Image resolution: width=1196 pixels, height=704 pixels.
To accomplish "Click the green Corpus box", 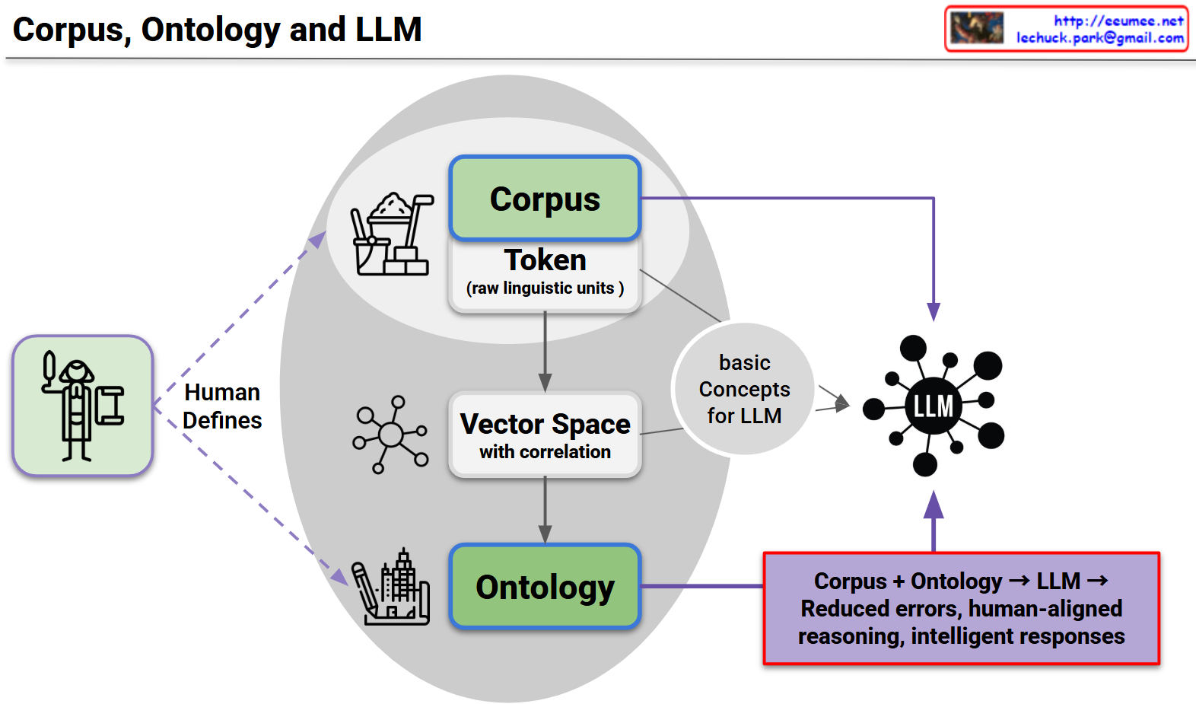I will pos(545,199).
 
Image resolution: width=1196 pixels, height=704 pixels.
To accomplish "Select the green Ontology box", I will pos(545,587).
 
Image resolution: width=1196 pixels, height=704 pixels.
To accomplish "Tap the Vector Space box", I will pos(545,435).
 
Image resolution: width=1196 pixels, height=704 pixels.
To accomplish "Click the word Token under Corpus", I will pos(545,260).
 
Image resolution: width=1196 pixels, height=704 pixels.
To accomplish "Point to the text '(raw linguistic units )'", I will pos(545,288).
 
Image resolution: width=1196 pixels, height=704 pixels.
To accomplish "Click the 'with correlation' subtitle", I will pos(545,452).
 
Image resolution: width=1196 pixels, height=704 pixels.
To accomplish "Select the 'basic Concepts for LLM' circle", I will pos(744,389).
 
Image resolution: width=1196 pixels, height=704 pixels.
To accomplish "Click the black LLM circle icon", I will pos(934,406).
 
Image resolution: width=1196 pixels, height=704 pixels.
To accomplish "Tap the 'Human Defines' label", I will pos(222,406).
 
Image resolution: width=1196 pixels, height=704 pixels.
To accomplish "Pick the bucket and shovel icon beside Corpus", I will pos(391,234).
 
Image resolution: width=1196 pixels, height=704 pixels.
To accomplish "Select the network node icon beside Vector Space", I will pos(390,435).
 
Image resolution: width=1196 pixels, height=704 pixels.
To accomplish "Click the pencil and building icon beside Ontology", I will pos(391,588).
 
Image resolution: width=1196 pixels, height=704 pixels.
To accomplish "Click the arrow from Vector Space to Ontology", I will pos(545,510).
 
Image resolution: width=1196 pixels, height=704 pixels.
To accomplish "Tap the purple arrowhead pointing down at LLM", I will pos(934,311).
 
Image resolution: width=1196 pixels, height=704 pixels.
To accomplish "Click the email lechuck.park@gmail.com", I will pos(1099,37).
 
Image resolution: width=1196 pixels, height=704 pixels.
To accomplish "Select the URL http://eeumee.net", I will pos(1118,21).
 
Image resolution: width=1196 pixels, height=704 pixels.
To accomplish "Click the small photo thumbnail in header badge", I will pos(977,28).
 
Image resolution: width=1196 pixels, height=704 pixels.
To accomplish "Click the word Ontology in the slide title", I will pos(211,30).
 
